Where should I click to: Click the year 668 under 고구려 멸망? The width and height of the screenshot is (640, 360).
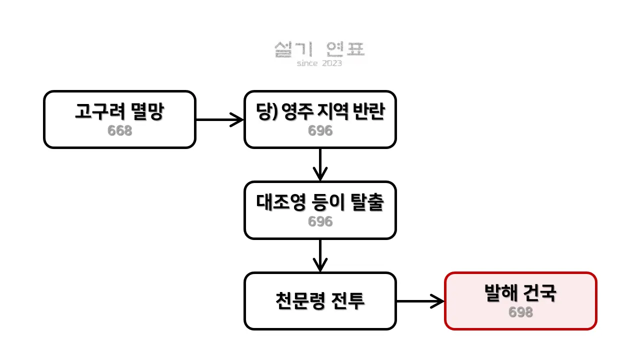tap(119, 131)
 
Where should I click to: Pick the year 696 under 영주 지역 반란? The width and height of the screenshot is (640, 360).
tap(320, 131)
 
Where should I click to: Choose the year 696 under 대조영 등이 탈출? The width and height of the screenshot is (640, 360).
tap(320, 221)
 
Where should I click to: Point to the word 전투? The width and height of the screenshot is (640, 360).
tap(348, 301)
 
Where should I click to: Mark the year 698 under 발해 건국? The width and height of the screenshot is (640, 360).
tap(520, 312)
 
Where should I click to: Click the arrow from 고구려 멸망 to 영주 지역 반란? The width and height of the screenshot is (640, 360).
tap(219, 120)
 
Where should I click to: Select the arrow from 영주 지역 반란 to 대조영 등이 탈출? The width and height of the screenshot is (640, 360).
tap(320, 164)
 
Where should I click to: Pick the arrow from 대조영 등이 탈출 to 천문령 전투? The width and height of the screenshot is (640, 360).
tap(320, 255)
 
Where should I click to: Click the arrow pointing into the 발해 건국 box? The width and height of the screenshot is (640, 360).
tap(420, 301)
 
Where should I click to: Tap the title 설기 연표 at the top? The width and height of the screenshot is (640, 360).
tap(320, 49)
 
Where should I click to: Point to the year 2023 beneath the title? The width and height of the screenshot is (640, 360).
tap(332, 63)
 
